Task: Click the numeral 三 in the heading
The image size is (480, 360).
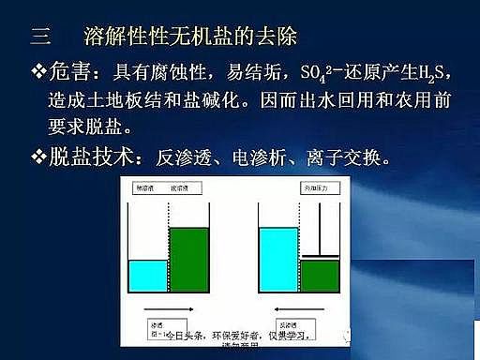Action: pos(39,37)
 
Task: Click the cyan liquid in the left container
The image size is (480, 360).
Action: pos(147,274)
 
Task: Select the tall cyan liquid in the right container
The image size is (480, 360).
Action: pos(277,257)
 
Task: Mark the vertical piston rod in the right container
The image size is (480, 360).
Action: pos(321,229)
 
